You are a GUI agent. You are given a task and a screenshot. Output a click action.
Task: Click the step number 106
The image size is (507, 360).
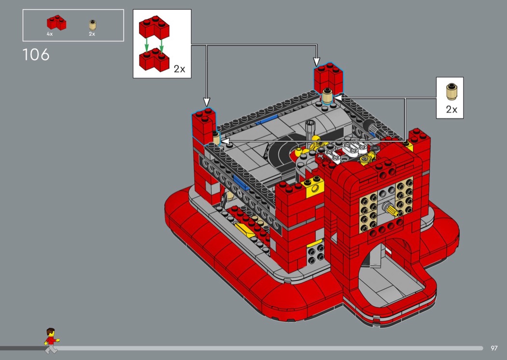36,55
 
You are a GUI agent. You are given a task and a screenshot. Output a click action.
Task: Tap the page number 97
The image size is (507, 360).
494,348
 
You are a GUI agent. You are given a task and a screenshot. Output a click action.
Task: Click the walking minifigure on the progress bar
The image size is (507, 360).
51,341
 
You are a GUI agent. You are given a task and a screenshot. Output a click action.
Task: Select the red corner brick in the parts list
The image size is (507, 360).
56,23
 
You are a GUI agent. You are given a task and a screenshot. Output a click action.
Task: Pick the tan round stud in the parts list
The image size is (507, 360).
93,25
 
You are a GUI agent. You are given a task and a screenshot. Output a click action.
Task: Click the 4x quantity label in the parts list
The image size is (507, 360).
49,34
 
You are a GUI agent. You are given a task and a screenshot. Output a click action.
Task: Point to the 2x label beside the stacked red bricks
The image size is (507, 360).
180,69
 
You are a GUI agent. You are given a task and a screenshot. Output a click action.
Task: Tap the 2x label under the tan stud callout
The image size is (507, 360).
451,110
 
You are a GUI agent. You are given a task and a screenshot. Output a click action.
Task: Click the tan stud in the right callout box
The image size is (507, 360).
451,92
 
